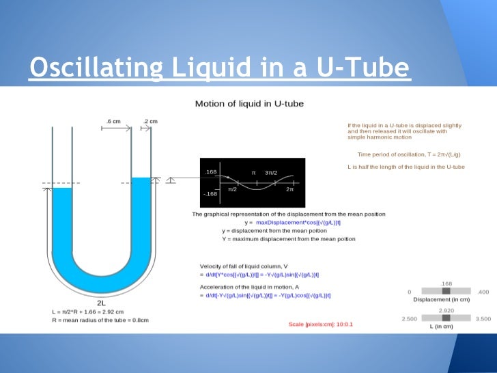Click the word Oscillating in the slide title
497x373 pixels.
[x=96, y=68]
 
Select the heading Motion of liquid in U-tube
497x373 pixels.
[x=249, y=104]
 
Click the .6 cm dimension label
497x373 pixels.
[x=113, y=121]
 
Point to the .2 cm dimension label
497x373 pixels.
[x=150, y=121]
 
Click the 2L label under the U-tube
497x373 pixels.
[x=101, y=302]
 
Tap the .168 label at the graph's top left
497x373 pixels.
[x=211, y=171]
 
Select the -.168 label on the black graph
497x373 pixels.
[x=210, y=194]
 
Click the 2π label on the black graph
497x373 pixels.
[x=289, y=189]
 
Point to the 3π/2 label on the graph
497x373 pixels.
[x=272, y=173]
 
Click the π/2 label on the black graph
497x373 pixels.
[x=233, y=189]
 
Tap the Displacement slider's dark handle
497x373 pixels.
[x=446, y=291]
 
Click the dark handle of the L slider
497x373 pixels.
[x=446, y=318]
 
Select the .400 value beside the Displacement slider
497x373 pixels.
[x=483, y=292]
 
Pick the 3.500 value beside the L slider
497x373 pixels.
[x=483, y=318]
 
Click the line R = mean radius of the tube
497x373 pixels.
[x=100, y=320]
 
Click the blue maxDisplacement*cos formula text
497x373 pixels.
[x=299, y=223]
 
